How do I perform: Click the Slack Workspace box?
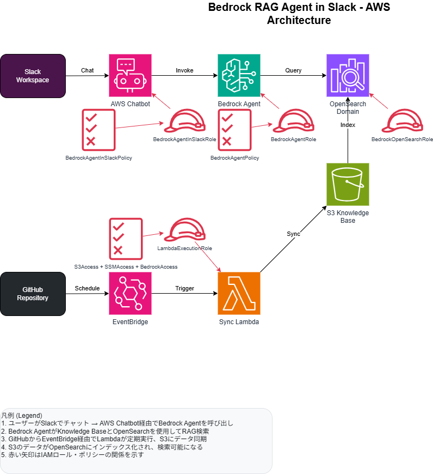(33, 76)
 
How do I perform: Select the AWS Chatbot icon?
(131, 76)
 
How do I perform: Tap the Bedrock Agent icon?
(239, 76)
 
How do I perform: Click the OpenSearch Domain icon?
(348, 76)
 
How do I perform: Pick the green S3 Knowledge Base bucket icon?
(348, 185)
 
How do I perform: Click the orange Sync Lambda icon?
(239, 294)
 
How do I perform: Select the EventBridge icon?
(131, 294)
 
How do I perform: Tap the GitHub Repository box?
(33, 294)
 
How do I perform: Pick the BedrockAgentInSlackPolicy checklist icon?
(98, 130)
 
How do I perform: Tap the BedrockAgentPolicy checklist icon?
(234, 130)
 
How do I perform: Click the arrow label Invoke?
(184, 70)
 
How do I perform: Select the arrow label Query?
(293, 70)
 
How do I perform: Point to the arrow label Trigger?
(184, 288)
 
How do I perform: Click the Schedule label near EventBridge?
(87, 288)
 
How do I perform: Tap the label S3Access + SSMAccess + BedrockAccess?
(126, 267)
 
